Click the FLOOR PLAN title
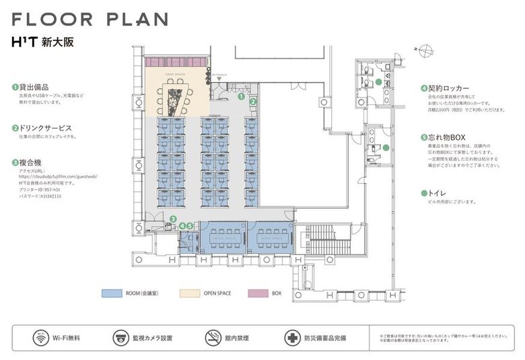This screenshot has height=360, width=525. click(x=90, y=19)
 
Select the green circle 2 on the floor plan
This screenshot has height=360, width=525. click(x=253, y=102)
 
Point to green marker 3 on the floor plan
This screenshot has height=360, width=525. click(x=173, y=219)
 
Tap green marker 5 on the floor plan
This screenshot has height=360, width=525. click(x=190, y=226)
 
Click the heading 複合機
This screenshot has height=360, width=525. click(x=29, y=162)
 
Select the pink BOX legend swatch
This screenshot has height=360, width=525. click(x=257, y=293)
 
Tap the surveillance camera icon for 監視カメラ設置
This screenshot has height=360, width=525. click(x=120, y=338)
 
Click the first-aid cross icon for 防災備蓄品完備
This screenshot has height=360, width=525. click(x=292, y=338)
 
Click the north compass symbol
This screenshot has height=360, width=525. click(x=422, y=48)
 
